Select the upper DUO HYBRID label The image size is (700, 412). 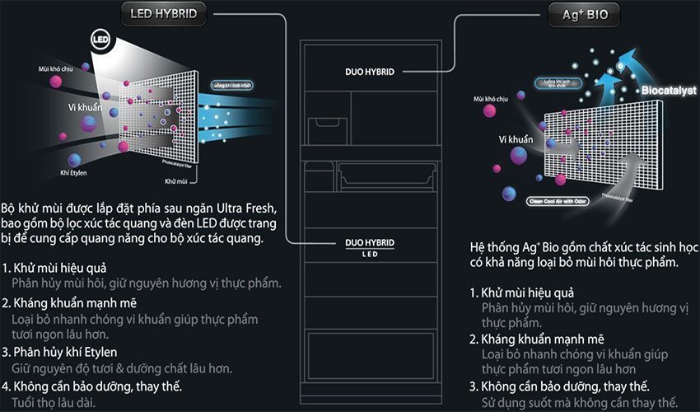click(370, 72)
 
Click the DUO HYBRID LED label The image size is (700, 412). click(369, 246)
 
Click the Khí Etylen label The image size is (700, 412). click(74, 172)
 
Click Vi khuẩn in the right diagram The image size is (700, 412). click(515, 140)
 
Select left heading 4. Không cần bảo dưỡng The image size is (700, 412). click(92, 386)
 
